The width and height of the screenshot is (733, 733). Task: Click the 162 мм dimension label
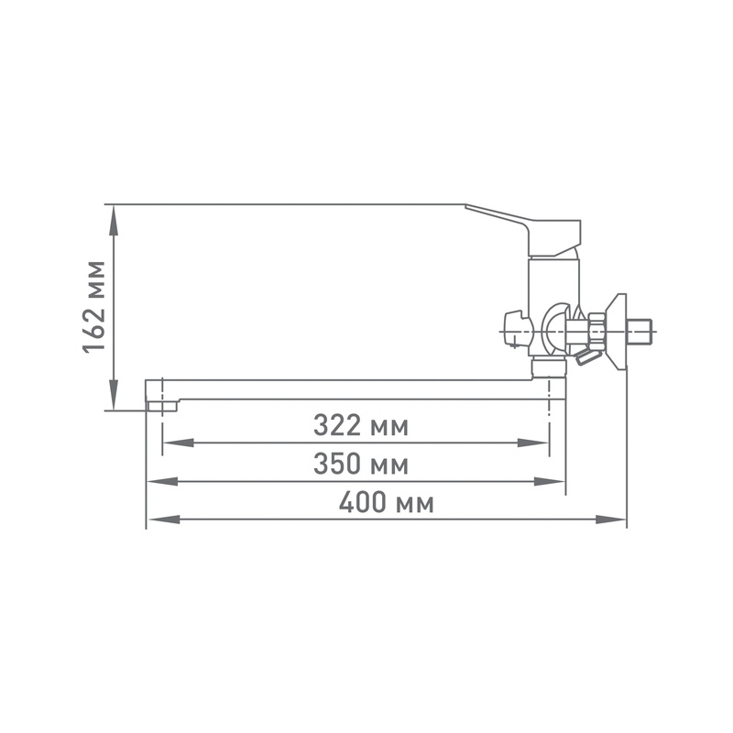(93, 307)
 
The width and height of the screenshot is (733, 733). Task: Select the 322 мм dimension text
(361, 425)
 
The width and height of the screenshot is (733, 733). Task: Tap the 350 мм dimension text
(361, 464)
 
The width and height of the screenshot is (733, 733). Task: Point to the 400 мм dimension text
(386, 502)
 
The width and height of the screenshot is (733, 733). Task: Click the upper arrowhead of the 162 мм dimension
(113, 221)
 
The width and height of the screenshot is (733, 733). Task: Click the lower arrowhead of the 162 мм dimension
(113, 395)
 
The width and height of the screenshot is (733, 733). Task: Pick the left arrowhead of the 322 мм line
(178, 443)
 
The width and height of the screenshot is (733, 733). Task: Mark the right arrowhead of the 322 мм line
(532, 443)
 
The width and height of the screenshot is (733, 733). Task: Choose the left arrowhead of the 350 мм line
(162, 482)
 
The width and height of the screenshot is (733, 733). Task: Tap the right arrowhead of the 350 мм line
(550, 482)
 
